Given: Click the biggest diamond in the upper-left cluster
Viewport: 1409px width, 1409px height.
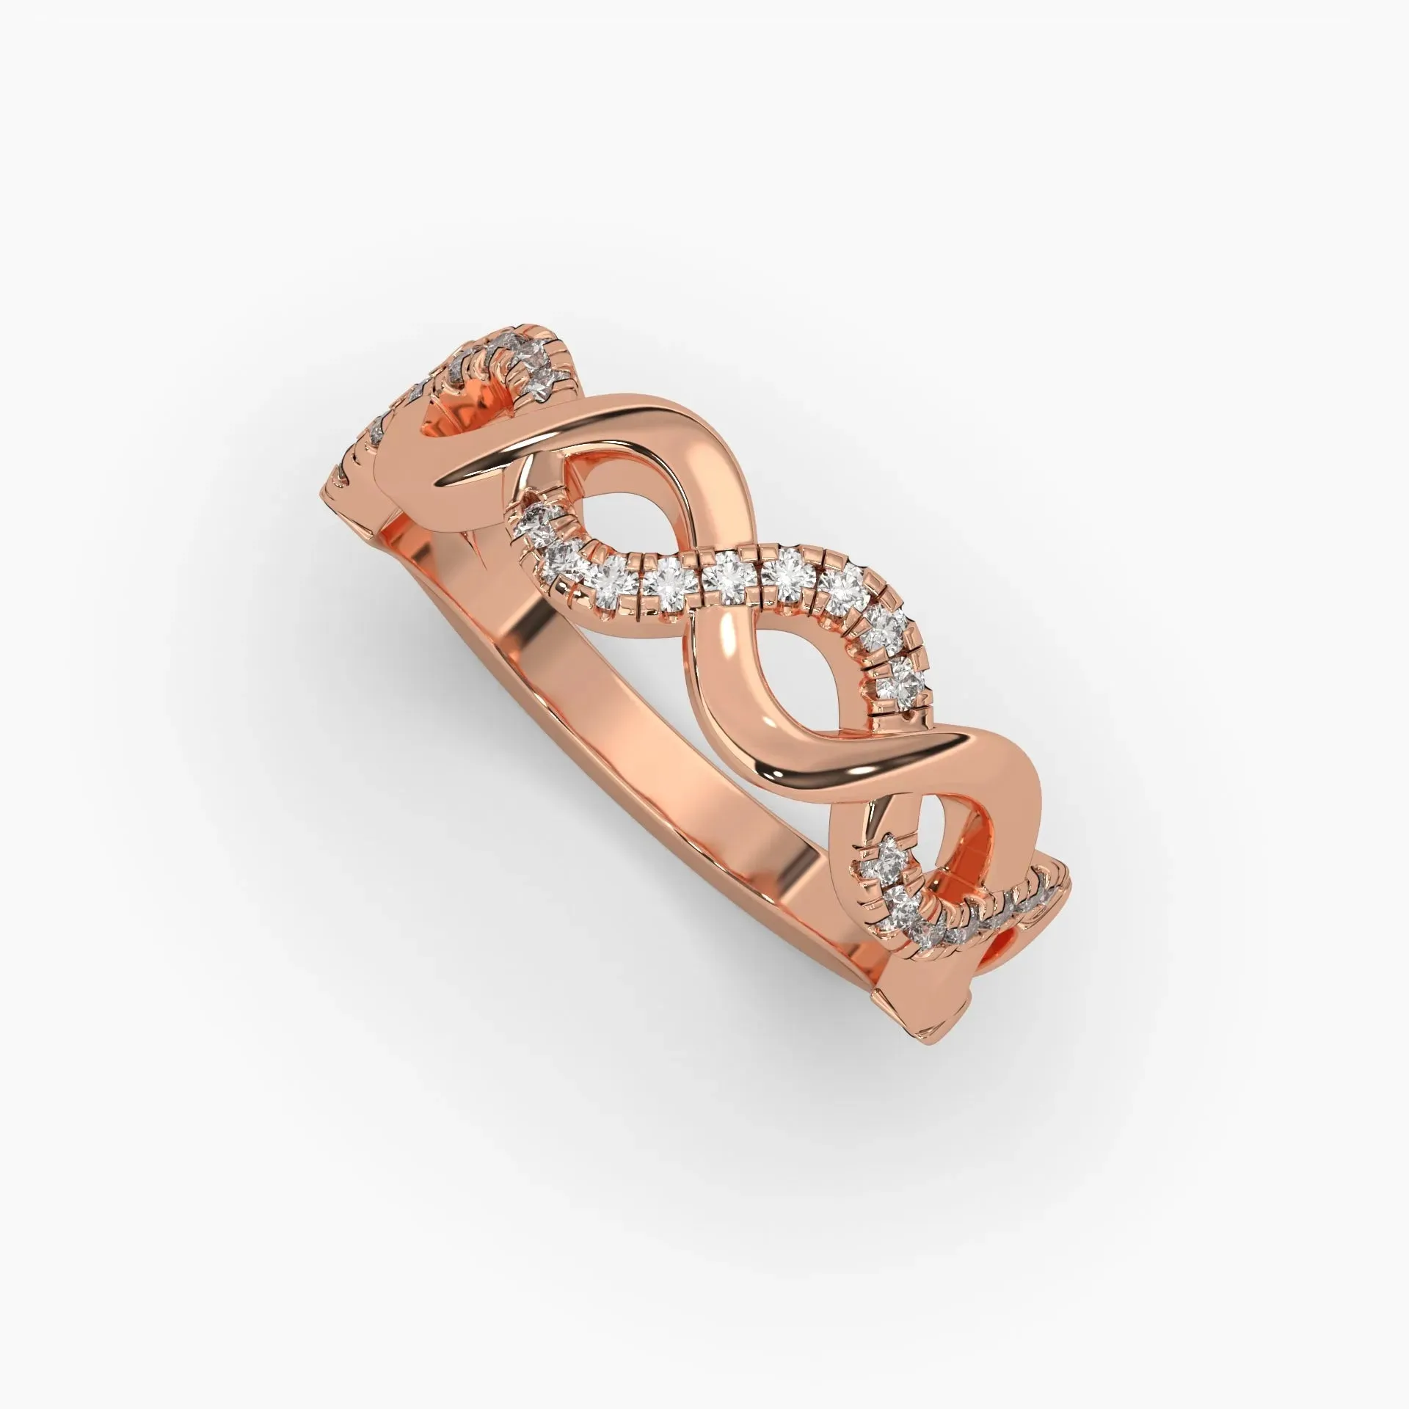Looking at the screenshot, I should [542, 383].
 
